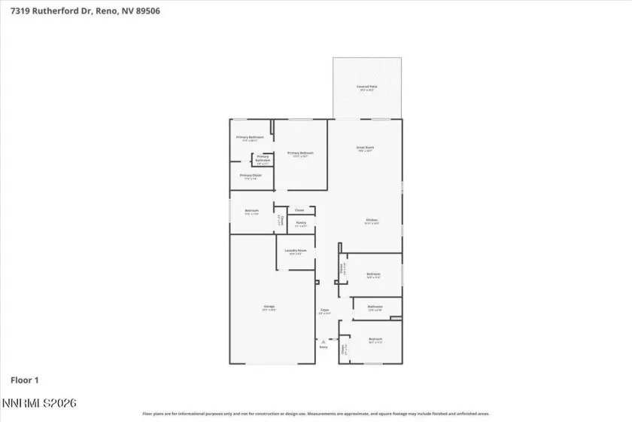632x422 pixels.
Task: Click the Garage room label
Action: (x=269, y=307)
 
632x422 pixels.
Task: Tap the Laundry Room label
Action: (x=295, y=252)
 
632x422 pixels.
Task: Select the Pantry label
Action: (x=300, y=223)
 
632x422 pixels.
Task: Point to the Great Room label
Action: (x=365, y=149)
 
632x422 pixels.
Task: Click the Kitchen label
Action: (x=372, y=221)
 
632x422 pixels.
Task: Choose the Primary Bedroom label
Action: (x=300, y=154)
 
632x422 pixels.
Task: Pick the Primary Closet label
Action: (x=251, y=176)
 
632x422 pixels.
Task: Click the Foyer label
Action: (x=325, y=310)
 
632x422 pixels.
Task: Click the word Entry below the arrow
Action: (x=324, y=347)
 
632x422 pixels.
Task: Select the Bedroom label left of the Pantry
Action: (x=251, y=212)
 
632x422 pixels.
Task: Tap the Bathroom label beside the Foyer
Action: (x=375, y=307)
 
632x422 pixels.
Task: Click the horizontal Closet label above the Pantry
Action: (x=299, y=209)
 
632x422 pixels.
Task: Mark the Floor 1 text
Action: (x=24, y=380)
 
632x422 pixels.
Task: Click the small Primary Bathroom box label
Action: (x=263, y=160)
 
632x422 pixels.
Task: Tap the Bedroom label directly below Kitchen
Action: (x=373, y=275)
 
